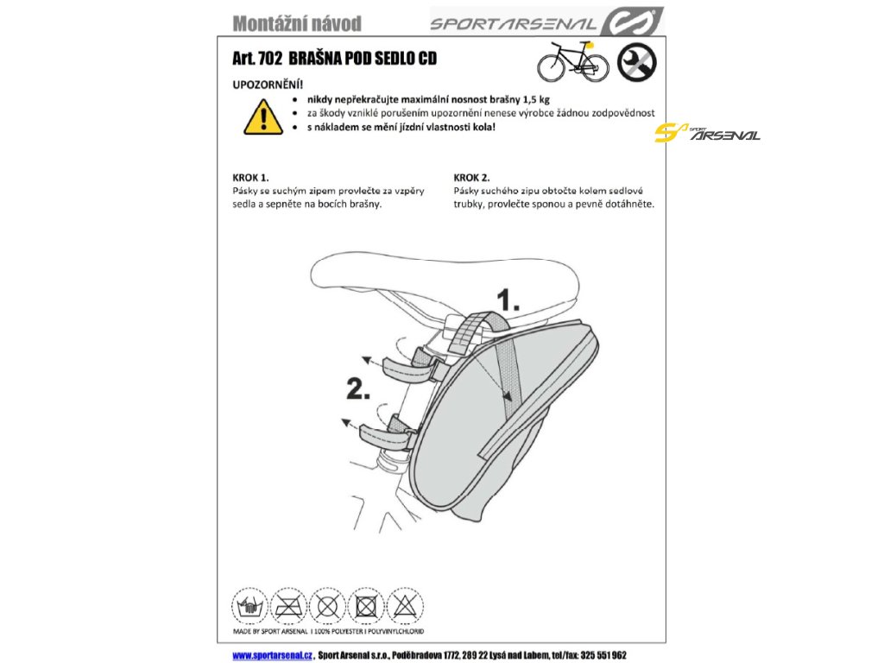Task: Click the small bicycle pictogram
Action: coord(573,61)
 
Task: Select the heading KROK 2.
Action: coord(472,178)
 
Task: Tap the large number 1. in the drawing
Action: coord(508,300)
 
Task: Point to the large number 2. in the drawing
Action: coord(358,389)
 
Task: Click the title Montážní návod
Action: coord(297,23)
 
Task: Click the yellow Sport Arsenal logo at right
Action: coord(707,133)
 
